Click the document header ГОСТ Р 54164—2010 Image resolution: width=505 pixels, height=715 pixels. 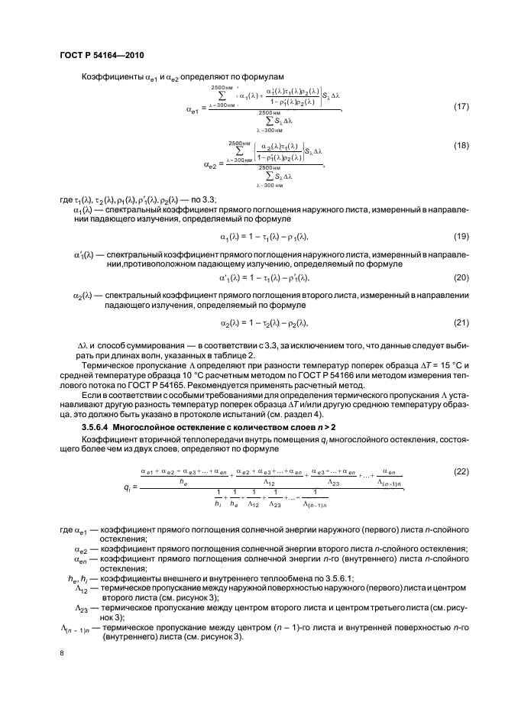point(102,56)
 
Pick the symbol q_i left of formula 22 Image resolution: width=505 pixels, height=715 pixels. point(126,485)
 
